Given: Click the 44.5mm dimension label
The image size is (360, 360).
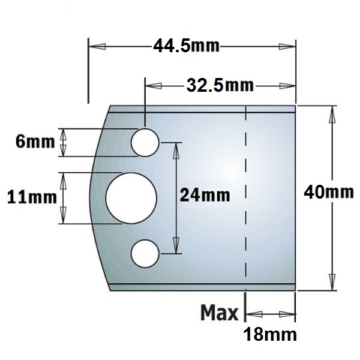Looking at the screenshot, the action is point(186,46).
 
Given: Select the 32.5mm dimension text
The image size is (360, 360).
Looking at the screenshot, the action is point(220,85).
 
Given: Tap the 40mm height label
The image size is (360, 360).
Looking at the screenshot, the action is point(329,192).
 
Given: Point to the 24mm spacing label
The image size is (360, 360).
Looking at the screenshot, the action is point(205,195).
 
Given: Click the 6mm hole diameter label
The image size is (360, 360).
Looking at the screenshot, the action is point(35,141).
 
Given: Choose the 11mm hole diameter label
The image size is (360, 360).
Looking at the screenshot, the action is point(32,197).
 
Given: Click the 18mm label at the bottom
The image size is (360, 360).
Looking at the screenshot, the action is point(270,334).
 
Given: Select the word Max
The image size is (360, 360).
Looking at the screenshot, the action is point(219,313).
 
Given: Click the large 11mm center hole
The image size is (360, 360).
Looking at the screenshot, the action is point(131,198).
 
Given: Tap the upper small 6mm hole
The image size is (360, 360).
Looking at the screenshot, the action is point(145,143).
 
